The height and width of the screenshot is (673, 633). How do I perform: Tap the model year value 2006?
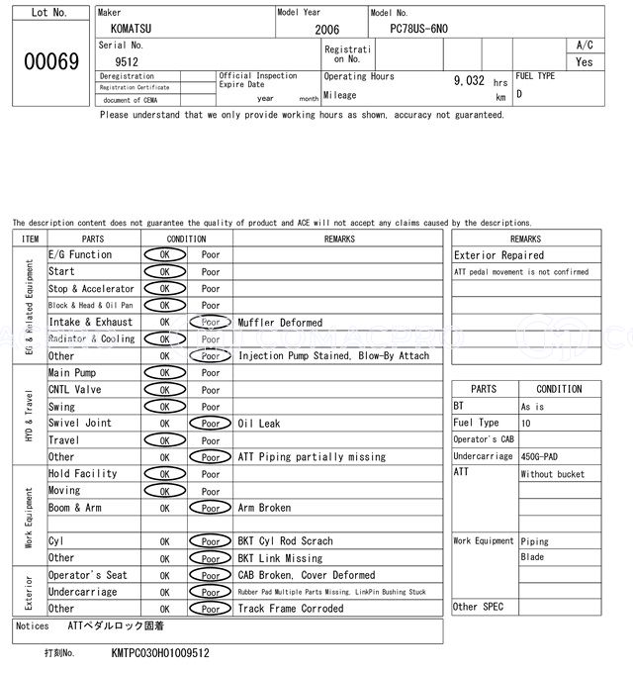(x=326, y=30)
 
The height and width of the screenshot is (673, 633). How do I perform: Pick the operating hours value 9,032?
(x=469, y=81)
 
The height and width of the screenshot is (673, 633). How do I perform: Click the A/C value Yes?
(x=585, y=61)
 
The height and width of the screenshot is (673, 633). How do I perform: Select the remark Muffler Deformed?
(x=280, y=323)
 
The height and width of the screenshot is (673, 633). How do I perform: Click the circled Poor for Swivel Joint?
(x=211, y=424)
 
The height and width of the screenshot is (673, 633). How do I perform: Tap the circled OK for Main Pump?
(x=164, y=373)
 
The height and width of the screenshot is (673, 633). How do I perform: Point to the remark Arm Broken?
(x=264, y=508)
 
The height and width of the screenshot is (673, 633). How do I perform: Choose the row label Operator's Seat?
(x=87, y=575)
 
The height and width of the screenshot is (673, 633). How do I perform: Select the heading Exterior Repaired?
(x=498, y=255)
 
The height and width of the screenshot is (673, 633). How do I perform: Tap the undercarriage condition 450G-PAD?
(x=544, y=456)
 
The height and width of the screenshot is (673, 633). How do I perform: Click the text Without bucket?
(x=552, y=474)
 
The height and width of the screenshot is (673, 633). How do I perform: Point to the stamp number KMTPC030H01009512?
(x=159, y=653)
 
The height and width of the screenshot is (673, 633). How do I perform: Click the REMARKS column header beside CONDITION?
(x=338, y=239)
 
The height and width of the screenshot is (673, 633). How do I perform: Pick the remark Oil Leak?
(x=258, y=424)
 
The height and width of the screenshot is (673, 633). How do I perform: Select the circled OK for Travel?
(x=164, y=440)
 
